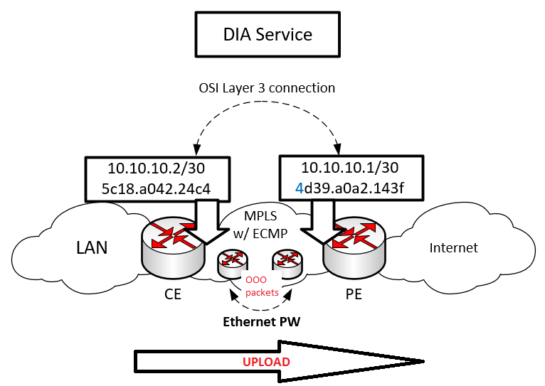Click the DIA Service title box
(x=268, y=34)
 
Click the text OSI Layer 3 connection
(x=267, y=88)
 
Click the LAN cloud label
(x=92, y=247)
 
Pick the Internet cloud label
(x=454, y=248)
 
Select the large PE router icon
(x=354, y=245)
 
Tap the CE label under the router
(x=171, y=294)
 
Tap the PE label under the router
(x=354, y=294)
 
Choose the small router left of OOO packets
(x=232, y=263)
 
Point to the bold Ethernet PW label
(x=260, y=321)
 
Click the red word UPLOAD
(x=267, y=362)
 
